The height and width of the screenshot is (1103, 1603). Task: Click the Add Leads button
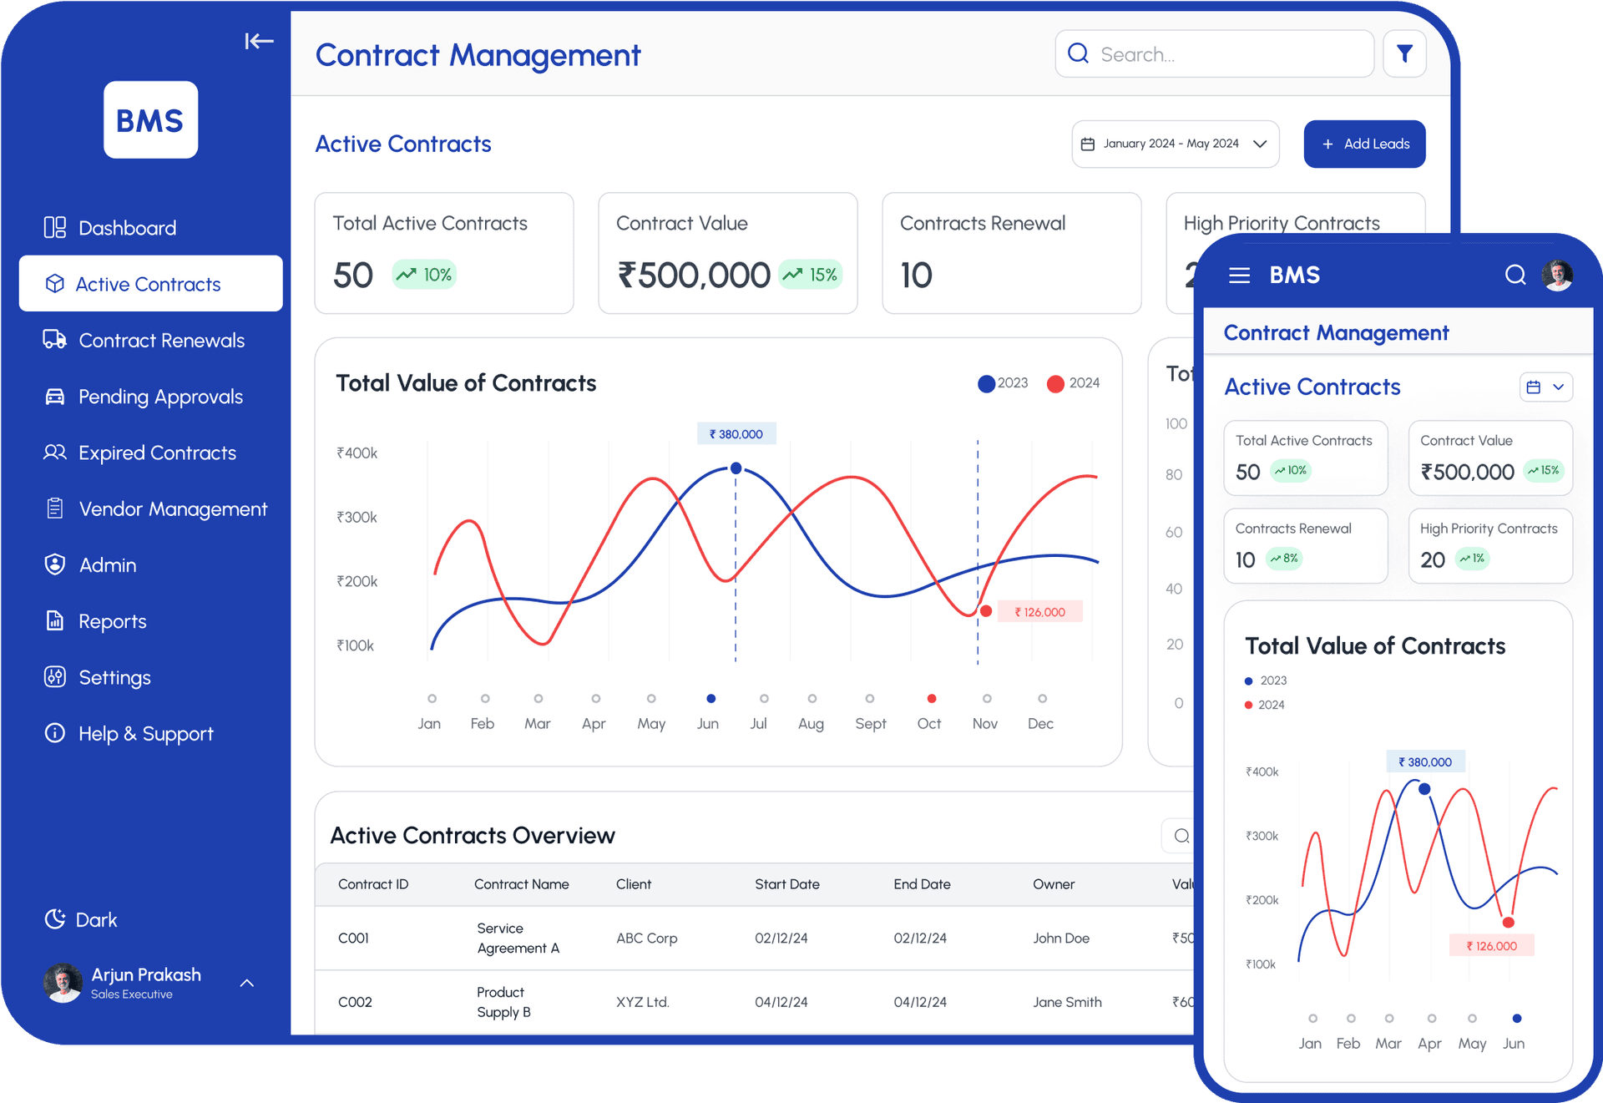pos(1364,144)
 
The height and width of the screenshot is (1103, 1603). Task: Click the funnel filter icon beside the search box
pos(1404,54)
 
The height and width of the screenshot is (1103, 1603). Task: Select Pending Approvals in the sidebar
pos(159,397)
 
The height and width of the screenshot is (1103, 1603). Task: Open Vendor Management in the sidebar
pos(172,508)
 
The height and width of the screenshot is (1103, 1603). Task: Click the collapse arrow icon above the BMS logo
pos(259,41)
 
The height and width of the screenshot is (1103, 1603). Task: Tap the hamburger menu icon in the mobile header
pos(1239,276)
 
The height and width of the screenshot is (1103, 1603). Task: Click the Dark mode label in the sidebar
pos(96,919)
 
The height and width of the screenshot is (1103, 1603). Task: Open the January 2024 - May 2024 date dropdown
pos(1175,144)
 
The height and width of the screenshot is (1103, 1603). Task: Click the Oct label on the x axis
pos(928,723)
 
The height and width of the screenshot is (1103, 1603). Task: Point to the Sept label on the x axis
pos(870,723)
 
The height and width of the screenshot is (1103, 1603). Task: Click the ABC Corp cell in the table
pos(646,938)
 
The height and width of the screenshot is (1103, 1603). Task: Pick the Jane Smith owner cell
pos(1066,1002)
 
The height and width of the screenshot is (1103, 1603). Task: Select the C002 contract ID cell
pos(355,1002)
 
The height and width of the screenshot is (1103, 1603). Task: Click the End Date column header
pos(922,884)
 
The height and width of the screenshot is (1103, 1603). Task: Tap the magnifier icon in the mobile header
pos(1515,275)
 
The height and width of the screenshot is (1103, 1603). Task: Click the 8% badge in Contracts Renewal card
pos(1285,559)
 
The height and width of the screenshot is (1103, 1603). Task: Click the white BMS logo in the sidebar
pos(150,120)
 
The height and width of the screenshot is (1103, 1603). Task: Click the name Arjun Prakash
pos(146,974)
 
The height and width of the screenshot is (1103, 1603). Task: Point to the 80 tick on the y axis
pos(1174,474)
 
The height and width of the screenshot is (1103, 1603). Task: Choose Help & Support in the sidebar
pos(145,733)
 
